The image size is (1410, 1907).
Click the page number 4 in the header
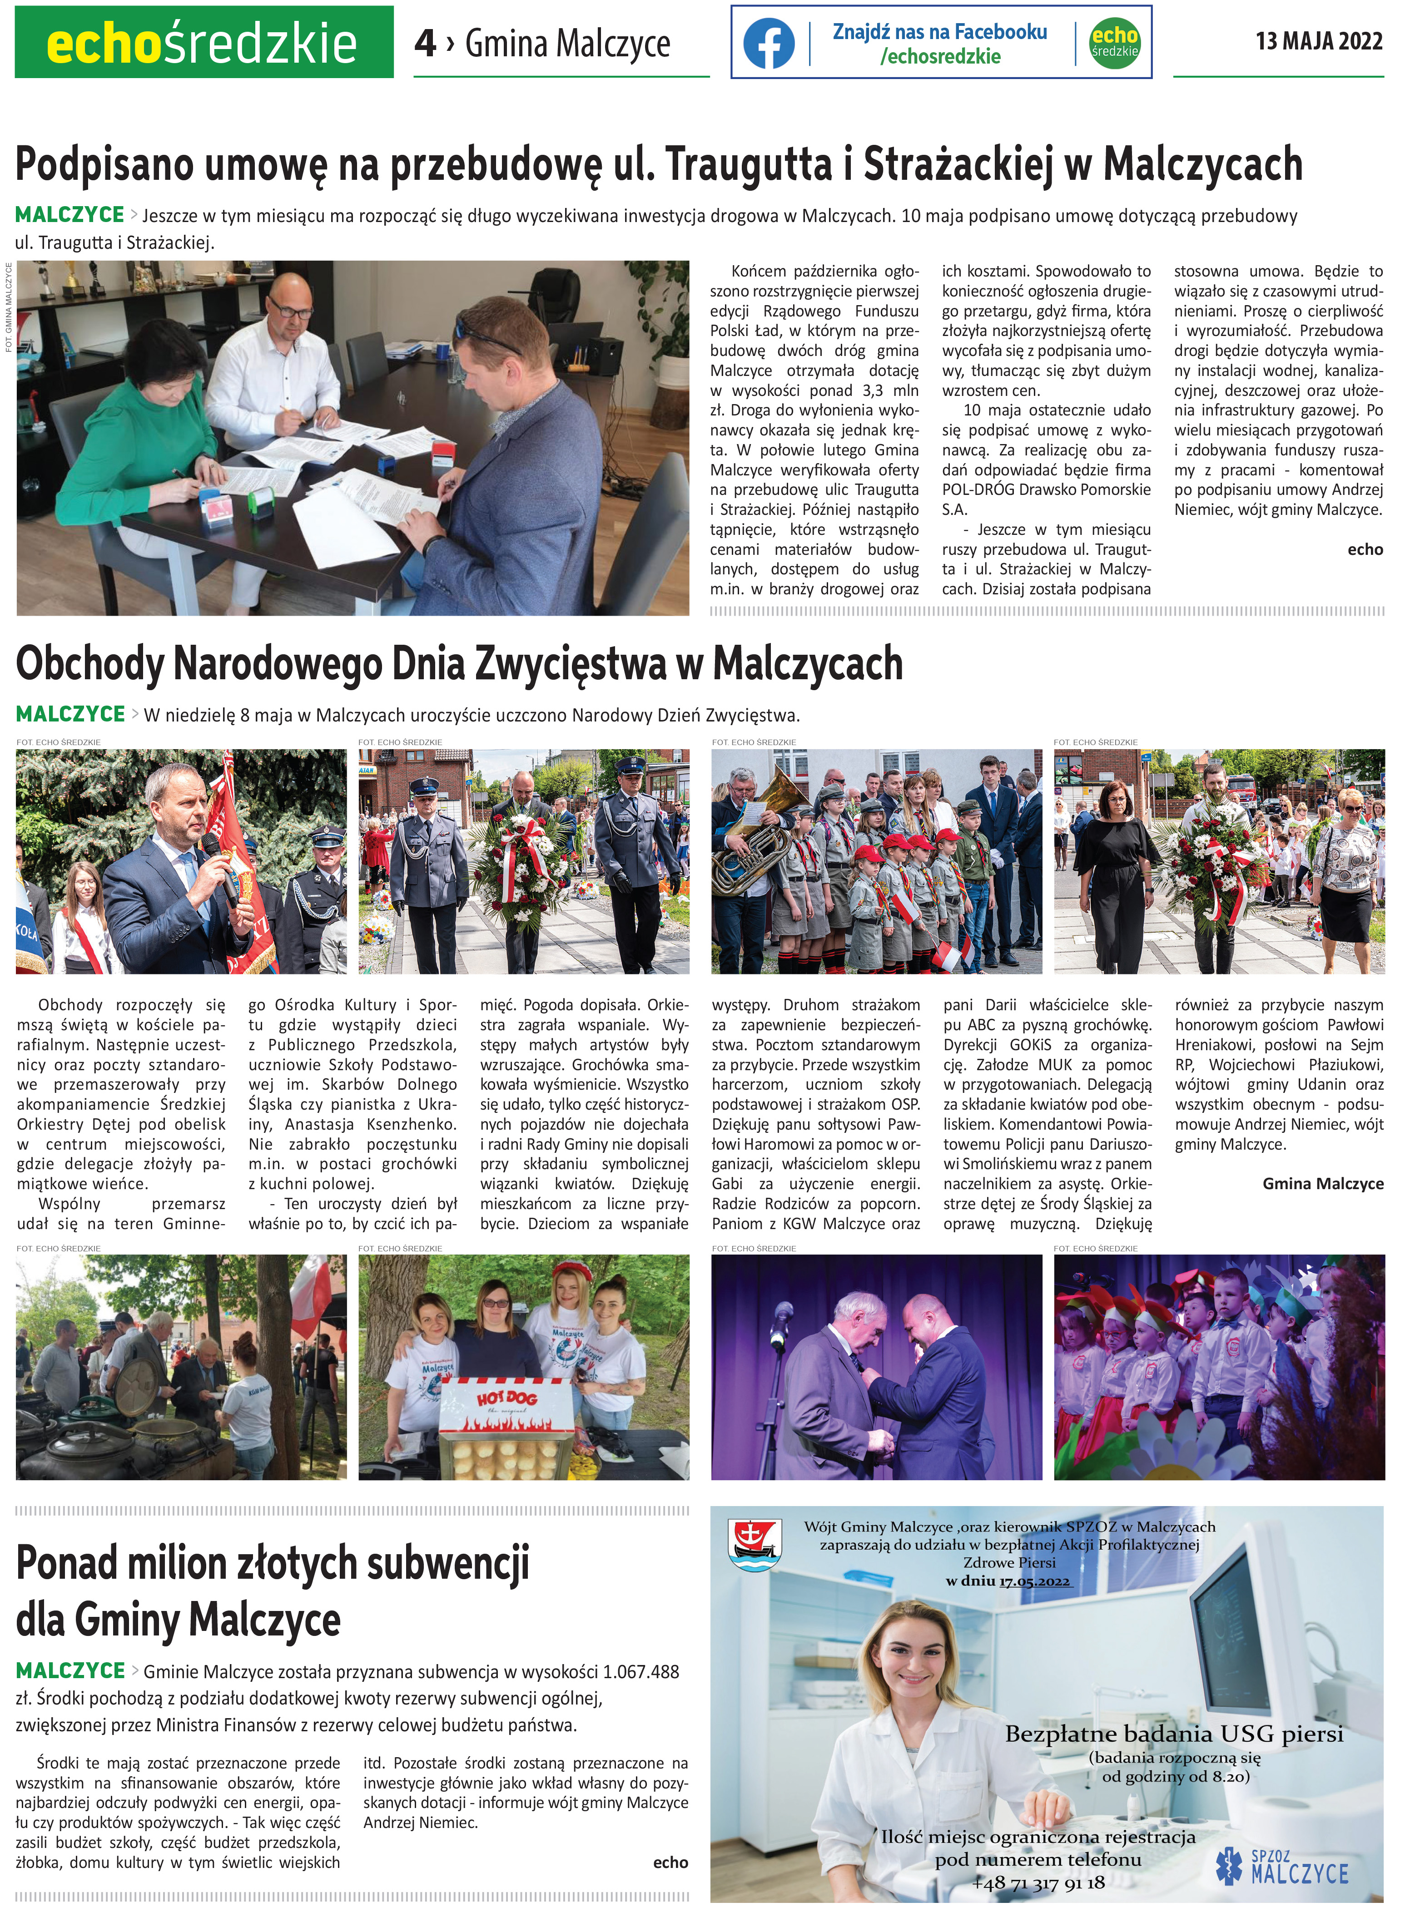(x=424, y=43)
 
